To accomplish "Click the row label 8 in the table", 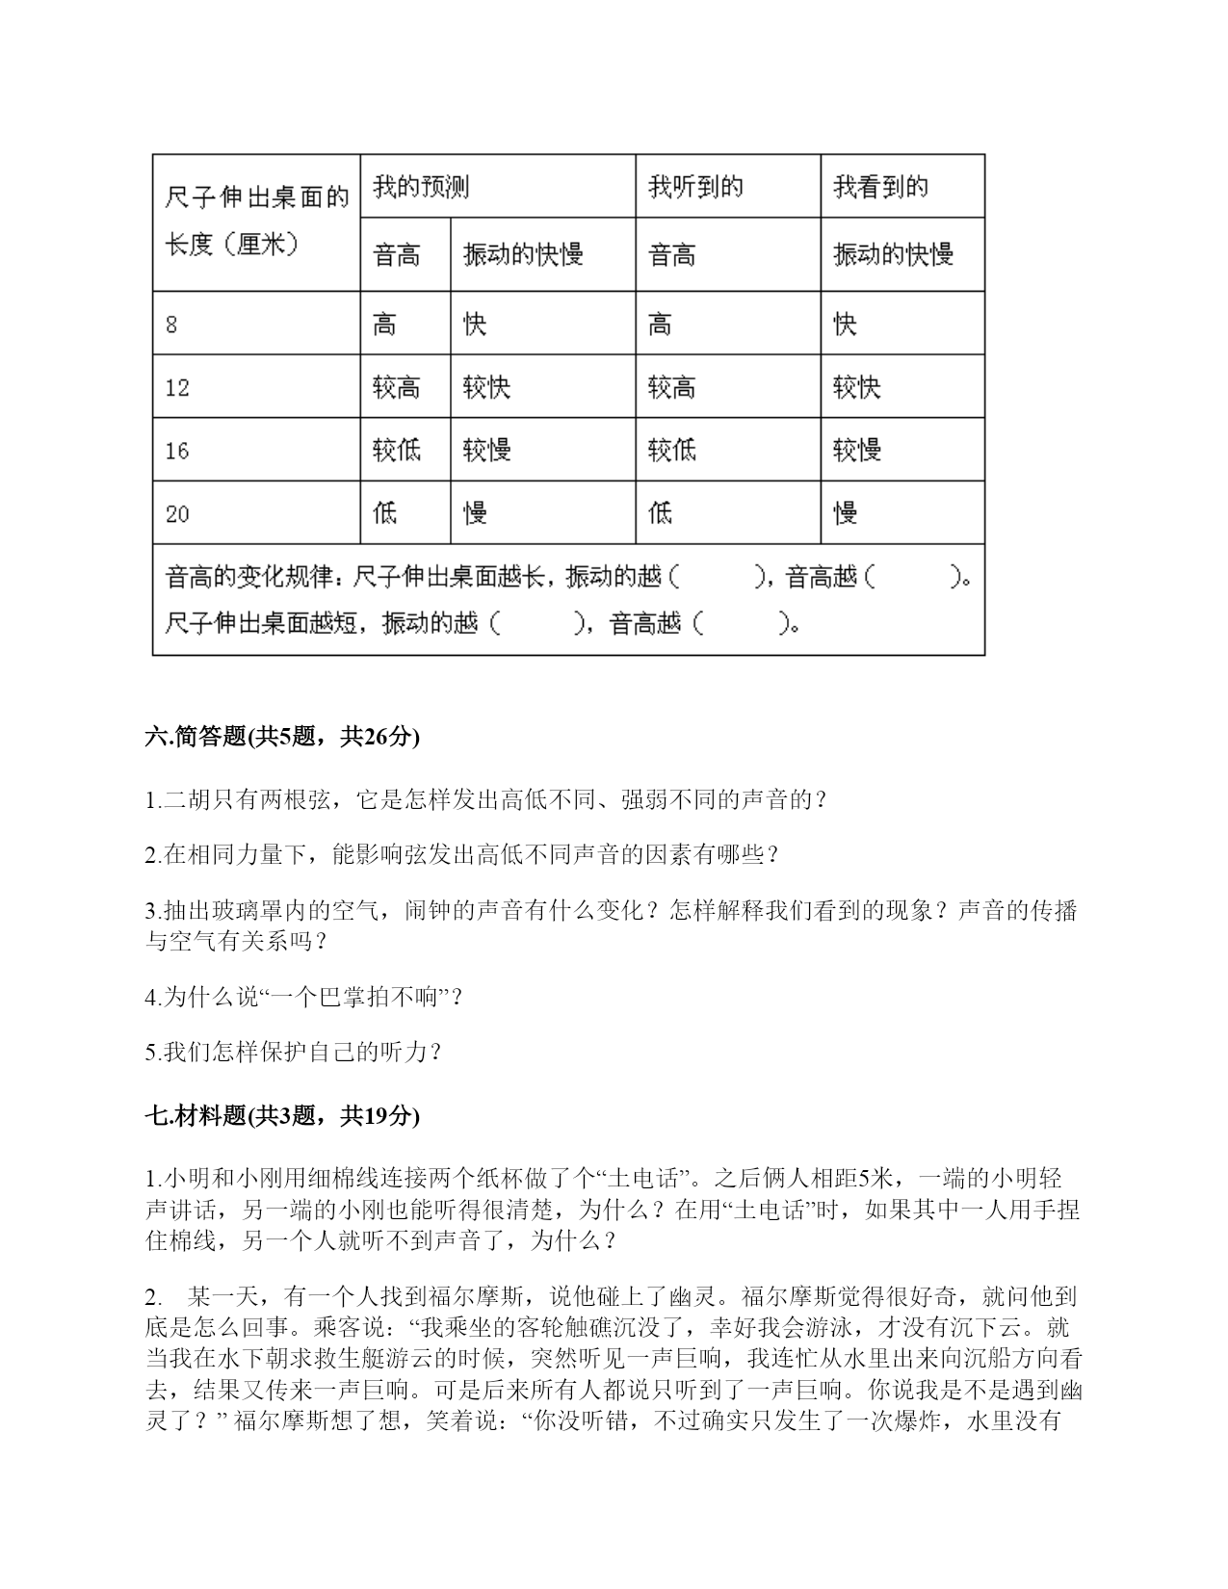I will pyautogui.click(x=171, y=325).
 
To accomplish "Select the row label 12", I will pyautogui.click(x=177, y=388).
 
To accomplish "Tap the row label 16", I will pyautogui.click(x=177, y=451).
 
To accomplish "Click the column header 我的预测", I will pyautogui.click(x=421, y=187).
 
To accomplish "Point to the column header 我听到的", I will pyautogui.click(x=695, y=187).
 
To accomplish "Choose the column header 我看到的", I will pyautogui.click(x=880, y=187).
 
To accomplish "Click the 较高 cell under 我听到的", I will pyautogui.click(x=672, y=388).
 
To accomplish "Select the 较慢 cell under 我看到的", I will pyautogui.click(x=857, y=451).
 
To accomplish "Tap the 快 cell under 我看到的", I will pyautogui.click(x=845, y=325).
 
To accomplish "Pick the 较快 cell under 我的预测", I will pyautogui.click(x=486, y=388).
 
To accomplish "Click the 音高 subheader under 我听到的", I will pyautogui.click(x=672, y=255).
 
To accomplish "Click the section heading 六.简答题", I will pyautogui.click(x=196, y=737).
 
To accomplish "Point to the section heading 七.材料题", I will pyautogui.click(x=196, y=1116).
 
